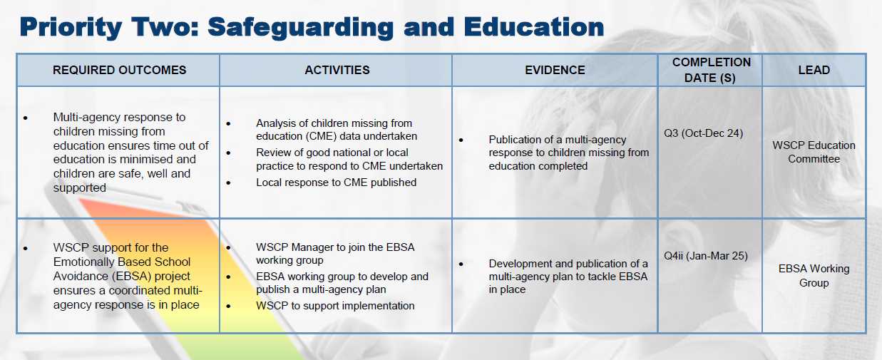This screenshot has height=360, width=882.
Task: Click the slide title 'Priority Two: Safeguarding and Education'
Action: click(312, 26)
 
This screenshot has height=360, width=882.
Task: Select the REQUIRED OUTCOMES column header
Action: click(119, 70)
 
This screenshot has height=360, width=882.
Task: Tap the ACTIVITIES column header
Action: click(337, 70)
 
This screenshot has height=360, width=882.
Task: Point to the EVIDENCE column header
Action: click(555, 70)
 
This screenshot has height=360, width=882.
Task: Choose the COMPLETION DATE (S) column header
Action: click(711, 70)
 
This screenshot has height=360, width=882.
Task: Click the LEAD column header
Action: click(814, 70)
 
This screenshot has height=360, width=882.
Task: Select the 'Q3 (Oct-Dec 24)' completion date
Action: click(703, 133)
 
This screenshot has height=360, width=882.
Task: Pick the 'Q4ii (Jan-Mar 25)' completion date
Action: click(705, 255)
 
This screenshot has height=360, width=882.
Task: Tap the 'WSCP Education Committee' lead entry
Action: click(814, 152)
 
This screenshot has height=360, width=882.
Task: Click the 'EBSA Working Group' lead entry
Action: click(814, 276)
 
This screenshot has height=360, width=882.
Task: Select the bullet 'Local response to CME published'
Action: click(336, 182)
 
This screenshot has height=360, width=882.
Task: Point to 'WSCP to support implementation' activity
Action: click(335, 306)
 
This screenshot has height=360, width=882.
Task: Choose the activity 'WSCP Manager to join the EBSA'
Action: click(335, 254)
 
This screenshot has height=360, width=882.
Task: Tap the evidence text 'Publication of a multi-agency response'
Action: click(568, 153)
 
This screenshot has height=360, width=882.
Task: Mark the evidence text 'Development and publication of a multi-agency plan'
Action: click(568, 277)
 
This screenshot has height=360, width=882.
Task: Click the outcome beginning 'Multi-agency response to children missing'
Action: click(130, 153)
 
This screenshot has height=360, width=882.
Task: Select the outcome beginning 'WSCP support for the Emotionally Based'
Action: click(127, 276)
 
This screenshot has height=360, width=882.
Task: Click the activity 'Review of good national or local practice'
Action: click(349, 159)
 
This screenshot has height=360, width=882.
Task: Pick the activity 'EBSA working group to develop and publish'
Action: click(342, 283)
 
